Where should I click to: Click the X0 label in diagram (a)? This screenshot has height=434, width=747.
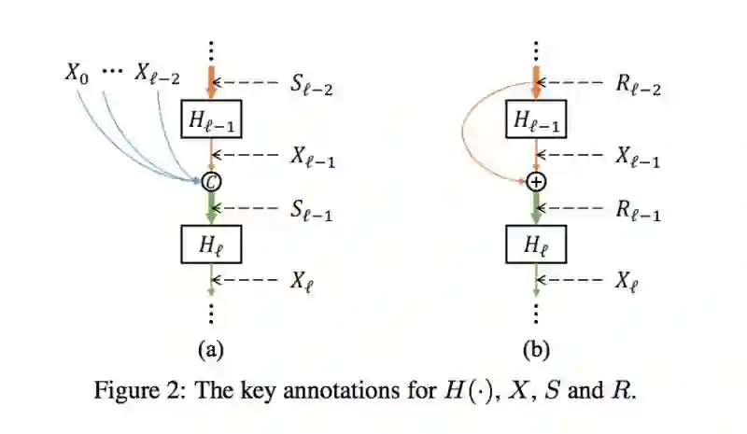click(77, 73)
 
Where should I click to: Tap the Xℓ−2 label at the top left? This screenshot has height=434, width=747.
click(157, 74)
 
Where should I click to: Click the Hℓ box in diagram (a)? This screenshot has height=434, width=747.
click(211, 246)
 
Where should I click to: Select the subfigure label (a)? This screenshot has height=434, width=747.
click(211, 350)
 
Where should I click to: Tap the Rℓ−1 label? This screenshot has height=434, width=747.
click(639, 214)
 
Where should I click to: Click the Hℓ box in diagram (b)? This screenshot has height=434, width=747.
click(536, 246)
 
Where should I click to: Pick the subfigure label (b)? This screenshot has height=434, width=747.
click(536, 350)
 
